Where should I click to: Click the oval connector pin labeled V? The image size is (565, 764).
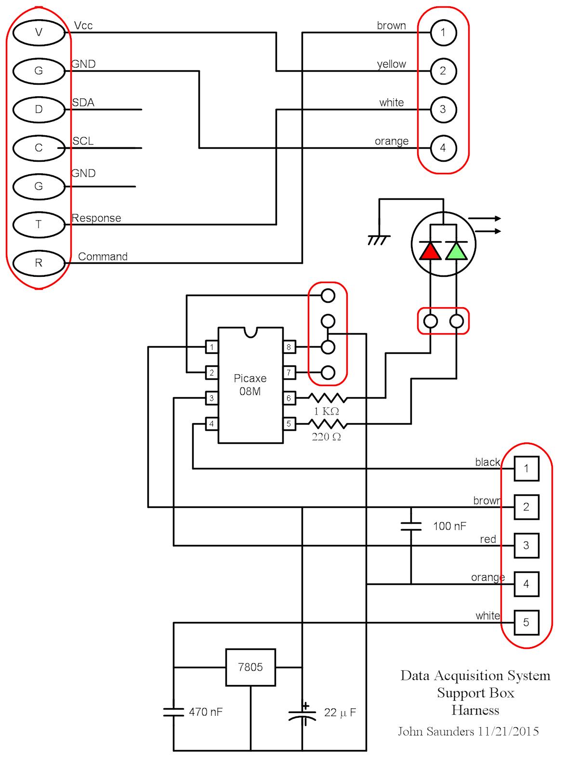coord(39,32)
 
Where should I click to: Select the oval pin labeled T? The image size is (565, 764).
coord(39,224)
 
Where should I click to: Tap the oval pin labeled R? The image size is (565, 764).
coord(39,263)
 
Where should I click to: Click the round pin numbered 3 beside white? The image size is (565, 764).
coord(443,109)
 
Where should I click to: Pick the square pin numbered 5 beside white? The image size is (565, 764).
coord(526,622)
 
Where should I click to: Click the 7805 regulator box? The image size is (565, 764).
coord(250,667)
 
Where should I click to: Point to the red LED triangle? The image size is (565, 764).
coord(430,251)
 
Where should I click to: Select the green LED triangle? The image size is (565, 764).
coord(456,251)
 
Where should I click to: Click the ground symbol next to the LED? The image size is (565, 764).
coord(379,239)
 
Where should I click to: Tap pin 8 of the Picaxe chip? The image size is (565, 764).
coord(289,347)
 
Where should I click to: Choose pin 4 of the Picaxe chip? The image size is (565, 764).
coord(211,424)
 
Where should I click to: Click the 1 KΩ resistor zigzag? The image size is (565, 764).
coord(327,398)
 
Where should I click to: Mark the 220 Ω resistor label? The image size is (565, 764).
coord(326,437)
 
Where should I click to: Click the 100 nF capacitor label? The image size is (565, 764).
coord(449,526)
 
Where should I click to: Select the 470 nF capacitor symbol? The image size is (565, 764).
coord(173,712)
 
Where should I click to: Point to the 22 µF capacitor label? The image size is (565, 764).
coord(340,712)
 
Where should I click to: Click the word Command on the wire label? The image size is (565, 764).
coord(103,257)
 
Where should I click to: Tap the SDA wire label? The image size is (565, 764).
coord(83,103)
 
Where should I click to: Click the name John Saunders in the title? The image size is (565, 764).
coord(436,732)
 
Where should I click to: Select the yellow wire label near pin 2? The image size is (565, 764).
coord(391,64)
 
